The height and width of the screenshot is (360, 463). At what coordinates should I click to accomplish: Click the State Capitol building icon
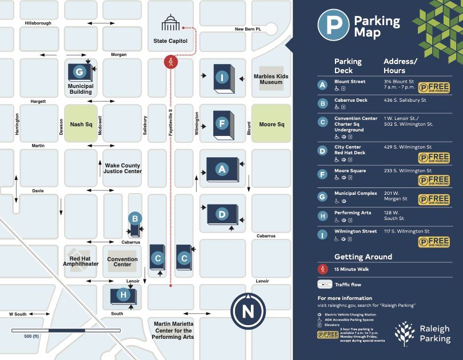coord(170,24)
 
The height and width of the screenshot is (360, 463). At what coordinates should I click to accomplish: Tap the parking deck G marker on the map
coord(79,71)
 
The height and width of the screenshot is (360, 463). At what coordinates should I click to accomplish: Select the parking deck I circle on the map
coord(221,77)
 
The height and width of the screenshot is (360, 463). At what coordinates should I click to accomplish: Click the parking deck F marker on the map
coord(222,123)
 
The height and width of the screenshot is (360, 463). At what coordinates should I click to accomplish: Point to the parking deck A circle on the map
coord(221,169)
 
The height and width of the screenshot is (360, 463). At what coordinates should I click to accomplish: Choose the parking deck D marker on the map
coord(222,214)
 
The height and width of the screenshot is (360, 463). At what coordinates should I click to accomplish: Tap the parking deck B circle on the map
coord(135,218)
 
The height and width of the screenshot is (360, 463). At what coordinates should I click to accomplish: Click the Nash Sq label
coord(81,125)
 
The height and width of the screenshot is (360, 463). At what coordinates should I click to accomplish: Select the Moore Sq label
coord(272,125)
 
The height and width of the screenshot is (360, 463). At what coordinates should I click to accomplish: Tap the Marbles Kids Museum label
coord(271,79)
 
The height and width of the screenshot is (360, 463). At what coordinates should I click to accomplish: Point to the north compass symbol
coord(248,312)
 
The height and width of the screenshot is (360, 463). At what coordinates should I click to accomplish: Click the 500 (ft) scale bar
coord(66,331)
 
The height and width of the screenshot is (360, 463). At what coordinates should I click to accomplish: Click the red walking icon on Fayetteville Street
coord(170,61)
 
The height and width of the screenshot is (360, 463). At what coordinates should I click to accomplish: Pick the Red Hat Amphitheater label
coord(80,261)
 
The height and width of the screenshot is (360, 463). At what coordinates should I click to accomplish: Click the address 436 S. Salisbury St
coord(405,101)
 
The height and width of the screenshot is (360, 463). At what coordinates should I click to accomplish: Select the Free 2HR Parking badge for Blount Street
coord(434,87)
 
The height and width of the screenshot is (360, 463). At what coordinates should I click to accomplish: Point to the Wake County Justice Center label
coord(123,169)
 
